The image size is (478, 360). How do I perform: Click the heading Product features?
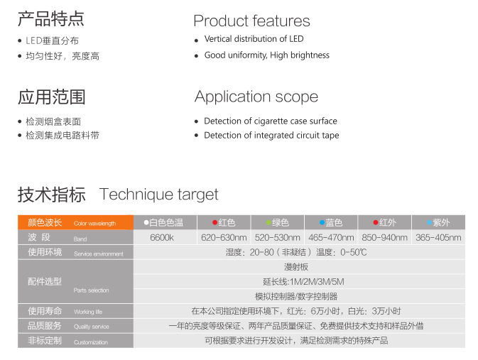(251, 21)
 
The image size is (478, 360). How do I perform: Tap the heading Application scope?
(256, 97)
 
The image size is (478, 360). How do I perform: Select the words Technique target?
(159, 195)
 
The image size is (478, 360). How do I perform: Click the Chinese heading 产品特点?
(51, 19)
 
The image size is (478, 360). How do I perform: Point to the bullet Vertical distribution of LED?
(254, 39)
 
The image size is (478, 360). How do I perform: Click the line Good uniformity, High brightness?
(267, 55)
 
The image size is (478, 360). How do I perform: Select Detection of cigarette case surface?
(271, 121)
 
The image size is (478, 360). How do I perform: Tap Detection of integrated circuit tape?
(271, 136)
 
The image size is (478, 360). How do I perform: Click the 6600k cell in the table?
(162, 237)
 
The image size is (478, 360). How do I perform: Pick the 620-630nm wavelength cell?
(224, 237)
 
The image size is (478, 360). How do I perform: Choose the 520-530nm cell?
(278, 237)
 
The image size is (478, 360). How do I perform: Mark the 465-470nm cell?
(331, 237)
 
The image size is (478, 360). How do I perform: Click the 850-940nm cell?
(385, 237)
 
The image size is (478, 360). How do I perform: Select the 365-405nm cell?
(438, 237)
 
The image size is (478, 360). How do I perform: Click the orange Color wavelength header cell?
(75, 222)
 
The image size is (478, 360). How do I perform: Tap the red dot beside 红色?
(214, 222)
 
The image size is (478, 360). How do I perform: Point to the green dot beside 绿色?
(268, 222)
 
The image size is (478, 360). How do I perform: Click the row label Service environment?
(99, 254)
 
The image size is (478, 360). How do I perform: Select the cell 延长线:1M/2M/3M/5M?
(303, 282)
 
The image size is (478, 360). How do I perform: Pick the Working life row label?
(88, 312)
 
